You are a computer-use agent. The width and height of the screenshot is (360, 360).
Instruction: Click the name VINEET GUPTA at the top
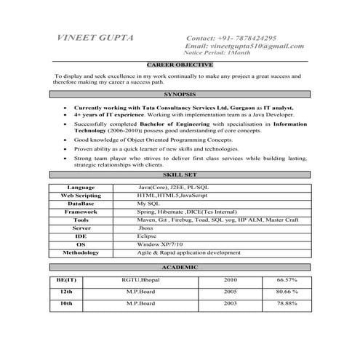coord(95,38)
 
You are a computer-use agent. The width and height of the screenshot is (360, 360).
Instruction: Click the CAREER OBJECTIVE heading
coord(179,65)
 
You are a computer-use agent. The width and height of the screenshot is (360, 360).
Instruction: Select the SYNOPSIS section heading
coord(179,95)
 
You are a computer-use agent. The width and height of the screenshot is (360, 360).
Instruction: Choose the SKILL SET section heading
coord(179,175)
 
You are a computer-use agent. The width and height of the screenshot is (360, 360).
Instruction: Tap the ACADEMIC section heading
coord(179,268)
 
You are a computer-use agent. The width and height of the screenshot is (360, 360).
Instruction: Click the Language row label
coord(81,188)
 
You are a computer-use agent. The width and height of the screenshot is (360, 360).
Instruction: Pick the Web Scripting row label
coord(81,196)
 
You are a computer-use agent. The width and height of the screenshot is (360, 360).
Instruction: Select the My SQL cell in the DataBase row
coord(148,204)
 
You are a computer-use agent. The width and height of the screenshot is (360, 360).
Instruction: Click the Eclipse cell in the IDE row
coord(147,236)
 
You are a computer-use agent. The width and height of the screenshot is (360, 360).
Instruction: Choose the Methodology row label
coord(81,252)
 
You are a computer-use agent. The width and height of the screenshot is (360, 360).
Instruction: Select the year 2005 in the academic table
coord(231,291)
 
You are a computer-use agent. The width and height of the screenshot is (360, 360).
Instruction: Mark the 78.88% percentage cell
coord(287,303)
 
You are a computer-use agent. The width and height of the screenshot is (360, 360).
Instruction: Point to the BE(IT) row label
coord(66,279)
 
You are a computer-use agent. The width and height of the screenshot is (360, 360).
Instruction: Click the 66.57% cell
coord(287,279)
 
